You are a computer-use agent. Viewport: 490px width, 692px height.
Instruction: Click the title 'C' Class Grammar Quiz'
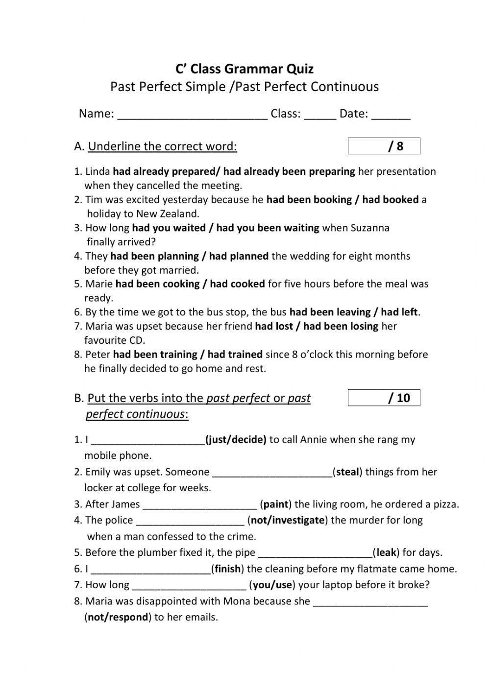point(245,69)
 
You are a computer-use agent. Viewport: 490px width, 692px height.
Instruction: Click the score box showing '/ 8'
point(384,146)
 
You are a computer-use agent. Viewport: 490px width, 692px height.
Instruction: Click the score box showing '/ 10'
point(384,398)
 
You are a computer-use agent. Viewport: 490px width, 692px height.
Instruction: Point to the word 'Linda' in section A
point(98,171)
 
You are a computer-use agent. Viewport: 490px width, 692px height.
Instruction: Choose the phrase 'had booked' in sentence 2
point(390,199)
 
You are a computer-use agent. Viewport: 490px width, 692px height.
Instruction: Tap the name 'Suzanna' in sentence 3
point(370,228)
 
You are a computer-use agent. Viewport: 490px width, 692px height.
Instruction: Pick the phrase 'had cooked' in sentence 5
point(237,284)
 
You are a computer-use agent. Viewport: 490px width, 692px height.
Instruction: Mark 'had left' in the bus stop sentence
point(399,312)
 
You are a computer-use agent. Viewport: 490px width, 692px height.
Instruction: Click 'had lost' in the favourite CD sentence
point(273,326)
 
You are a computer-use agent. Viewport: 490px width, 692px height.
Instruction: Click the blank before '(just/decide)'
point(147,440)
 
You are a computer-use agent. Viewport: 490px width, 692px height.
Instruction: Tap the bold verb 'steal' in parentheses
point(348,472)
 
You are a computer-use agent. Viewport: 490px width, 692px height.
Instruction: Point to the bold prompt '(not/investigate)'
point(288,520)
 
